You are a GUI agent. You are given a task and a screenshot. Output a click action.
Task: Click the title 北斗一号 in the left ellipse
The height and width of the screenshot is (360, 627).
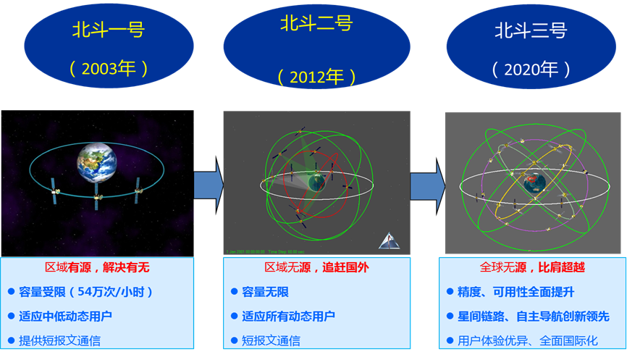pos(108,30)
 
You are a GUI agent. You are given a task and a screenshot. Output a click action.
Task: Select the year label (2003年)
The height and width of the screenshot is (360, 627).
pos(109,69)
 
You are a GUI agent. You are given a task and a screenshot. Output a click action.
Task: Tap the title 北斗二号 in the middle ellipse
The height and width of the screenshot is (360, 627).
pos(316,24)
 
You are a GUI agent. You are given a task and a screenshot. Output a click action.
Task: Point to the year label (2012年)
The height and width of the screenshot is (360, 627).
pos(316,77)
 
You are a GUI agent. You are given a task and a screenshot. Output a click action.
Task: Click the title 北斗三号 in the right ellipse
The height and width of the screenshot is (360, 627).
pos(530,30)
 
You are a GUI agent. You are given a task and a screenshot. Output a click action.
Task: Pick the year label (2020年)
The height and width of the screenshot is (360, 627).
pos(531,70)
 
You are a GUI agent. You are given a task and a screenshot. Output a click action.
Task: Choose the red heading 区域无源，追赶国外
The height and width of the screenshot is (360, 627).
pos(316,268)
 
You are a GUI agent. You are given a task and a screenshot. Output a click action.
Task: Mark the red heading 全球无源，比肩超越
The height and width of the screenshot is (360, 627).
pos(532,268)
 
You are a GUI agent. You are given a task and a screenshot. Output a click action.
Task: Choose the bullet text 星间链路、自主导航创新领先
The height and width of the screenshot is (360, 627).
pos(534,316)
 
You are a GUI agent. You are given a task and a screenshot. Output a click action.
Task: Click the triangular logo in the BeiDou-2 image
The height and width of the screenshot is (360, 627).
pos(389,240)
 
